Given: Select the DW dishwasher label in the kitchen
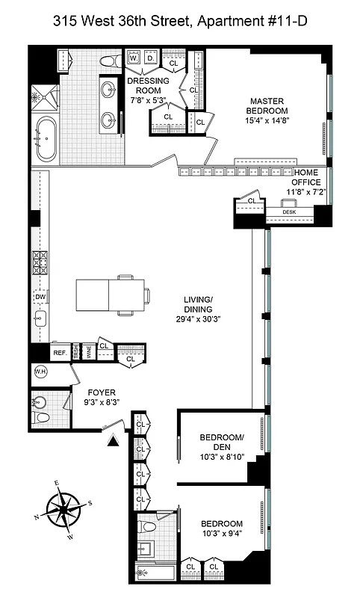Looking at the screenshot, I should pos(40,297).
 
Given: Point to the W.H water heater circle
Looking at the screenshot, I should pos(39,372).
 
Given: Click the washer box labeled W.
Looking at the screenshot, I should pos(134,58).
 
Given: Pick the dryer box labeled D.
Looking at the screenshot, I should pos(149,58).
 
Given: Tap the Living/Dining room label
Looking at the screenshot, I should pos(199,309).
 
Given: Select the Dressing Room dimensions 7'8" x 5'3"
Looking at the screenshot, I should pos(149,99).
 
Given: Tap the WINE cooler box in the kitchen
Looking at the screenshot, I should pos(87,352).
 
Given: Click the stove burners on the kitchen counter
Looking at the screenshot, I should pos(40,264).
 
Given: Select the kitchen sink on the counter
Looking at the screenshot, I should pos(40,319).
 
